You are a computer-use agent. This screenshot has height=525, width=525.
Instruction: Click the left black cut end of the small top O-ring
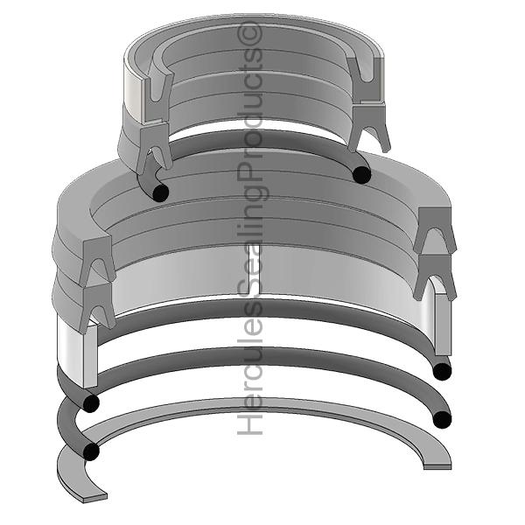161,193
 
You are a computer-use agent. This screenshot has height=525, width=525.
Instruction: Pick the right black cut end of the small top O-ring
362,175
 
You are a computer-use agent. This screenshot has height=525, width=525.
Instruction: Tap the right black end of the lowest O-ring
442,419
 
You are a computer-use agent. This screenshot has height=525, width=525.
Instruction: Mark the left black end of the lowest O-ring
91,451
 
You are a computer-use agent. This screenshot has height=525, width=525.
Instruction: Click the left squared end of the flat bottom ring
95,497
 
